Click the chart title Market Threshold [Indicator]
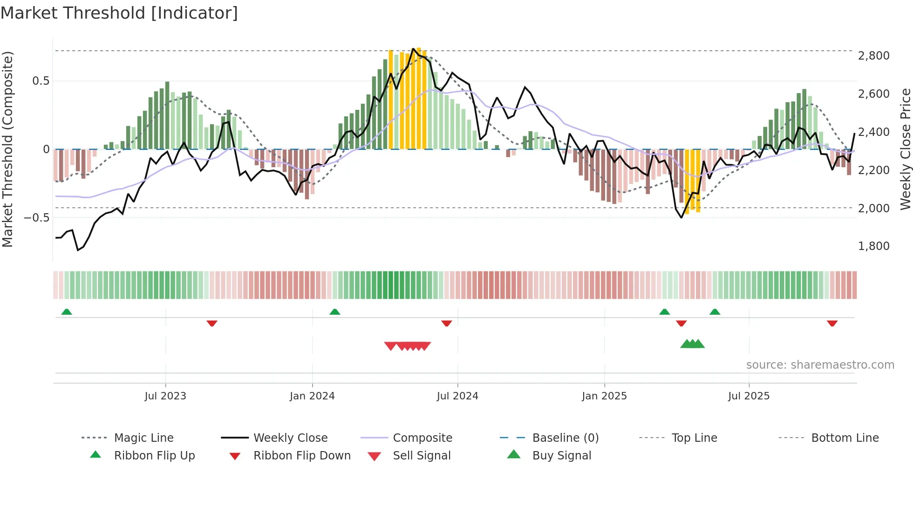tap(119, 13)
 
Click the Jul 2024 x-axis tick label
tap(457, 396)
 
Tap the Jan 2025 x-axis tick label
tap(604, 396)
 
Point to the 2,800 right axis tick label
tap(873, 56)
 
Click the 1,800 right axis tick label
tap(873, 246)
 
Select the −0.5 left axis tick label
tap(36, 217)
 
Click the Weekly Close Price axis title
tap(905, 149)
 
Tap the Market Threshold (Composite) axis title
tap(7, 149)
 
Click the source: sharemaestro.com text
tap(820, 364)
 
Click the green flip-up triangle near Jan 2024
tap(334, 311)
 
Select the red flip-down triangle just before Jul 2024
tap(446, 323)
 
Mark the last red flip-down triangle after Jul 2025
tap(832, 323)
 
